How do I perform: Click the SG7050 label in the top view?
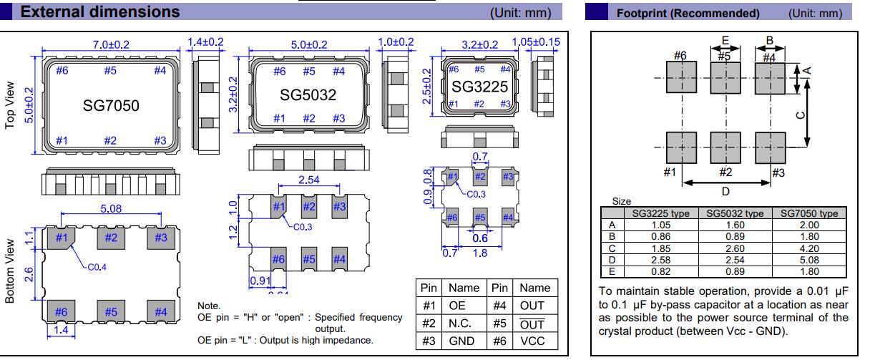tap(110, 106)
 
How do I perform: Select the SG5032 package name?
tap(308, 94)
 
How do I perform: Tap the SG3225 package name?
tap(479, 87)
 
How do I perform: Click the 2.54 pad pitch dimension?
tap(308, 180)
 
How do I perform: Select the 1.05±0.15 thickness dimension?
tap(537, 43)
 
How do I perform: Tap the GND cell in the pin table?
tap(463, 341)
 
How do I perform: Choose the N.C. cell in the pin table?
tap(463, 323)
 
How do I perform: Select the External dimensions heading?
tap(101, 12)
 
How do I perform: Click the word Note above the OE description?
tap(209, 306)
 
